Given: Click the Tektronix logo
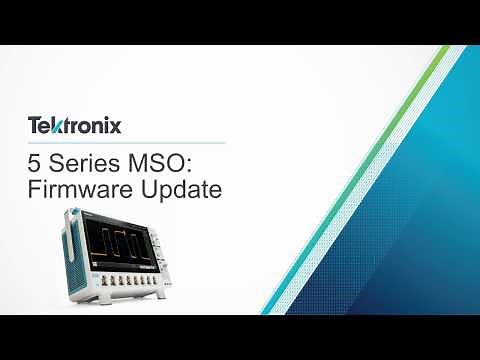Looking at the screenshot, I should (x=74, y=126).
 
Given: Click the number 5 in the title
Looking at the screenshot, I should (x=35, y=161).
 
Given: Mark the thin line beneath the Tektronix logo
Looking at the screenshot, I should (x=125, y=143).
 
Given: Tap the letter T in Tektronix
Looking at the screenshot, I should (x=33, y=126).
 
